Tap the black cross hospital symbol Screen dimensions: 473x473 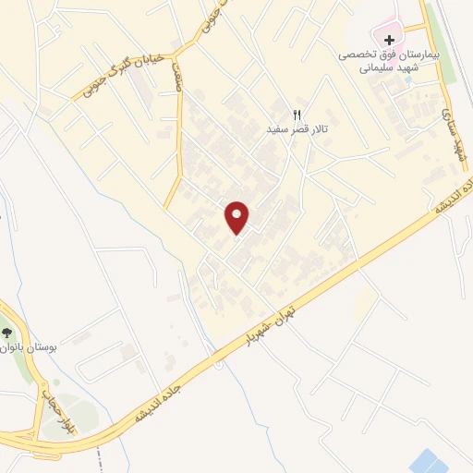click(x=390, y=41)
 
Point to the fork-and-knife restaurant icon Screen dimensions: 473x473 click(x=297, y=115)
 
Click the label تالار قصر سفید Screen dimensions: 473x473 click(x=297, y=129)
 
